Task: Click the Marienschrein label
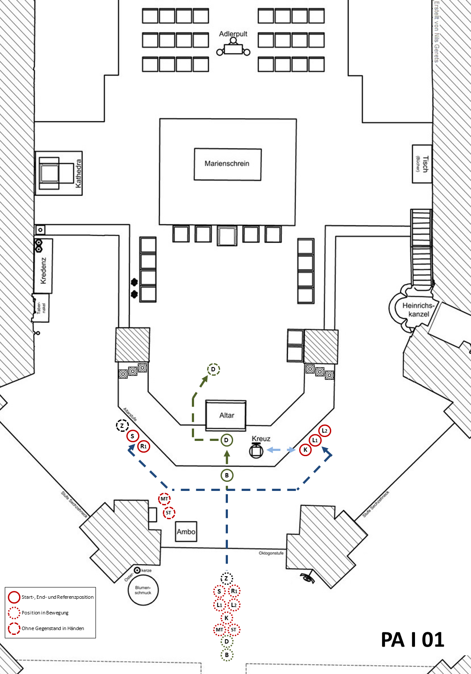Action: pos(227,163)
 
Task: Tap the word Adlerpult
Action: pos(233,34)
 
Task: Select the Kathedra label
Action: pos(79,174)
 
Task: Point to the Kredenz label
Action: pos(43,270)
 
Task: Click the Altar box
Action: pos(226,415)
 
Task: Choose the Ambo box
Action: pos(186,531)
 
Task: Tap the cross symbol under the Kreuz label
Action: pos(256,451)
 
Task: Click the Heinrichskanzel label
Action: pos(418,310)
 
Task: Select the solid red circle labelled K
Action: pos(306,450)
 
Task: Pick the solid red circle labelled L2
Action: pos(325,430)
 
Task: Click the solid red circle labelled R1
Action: pos(144,446)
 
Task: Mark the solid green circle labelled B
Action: pos(227,475)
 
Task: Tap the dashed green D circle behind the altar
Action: pos(214,370)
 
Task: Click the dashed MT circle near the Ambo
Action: pos(164,499)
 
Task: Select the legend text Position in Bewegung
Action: pos(45,613)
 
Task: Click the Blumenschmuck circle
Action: pos(143,590)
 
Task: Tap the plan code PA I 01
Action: pos(412,640)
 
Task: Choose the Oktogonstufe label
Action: pos(271,553)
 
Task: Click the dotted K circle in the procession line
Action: pos(227,617)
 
